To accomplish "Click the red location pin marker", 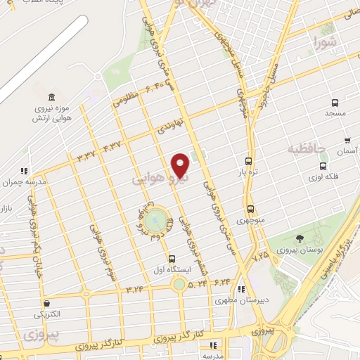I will point(181,166).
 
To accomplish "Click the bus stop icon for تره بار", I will point(247,160).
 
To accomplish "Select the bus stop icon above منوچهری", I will point(250,209).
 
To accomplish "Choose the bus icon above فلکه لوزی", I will point(323,167).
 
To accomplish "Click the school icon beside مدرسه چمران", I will point(24,171).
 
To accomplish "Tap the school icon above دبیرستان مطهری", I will point(242,288).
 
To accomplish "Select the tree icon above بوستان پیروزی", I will point(300,239).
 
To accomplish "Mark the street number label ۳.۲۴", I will point(134,288).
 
